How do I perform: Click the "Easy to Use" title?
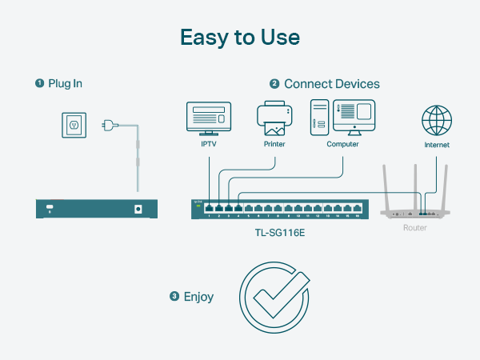tap(239, 38)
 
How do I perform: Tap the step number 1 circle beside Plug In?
tap(38, 83)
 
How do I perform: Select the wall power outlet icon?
tap(75, 125)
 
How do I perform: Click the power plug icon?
tap(110, 125)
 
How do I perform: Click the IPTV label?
tap(208, 145)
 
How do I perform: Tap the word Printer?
tap(274, 145)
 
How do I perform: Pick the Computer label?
tap(342, 145)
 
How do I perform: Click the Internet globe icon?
tap(437, 121)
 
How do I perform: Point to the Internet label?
tap(437, 145)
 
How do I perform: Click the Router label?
tap(414, 228)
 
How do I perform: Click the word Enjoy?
tap(198, 297)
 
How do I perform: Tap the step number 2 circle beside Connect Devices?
tap(274, 83)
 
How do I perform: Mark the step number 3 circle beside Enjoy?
tap(174, 297)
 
